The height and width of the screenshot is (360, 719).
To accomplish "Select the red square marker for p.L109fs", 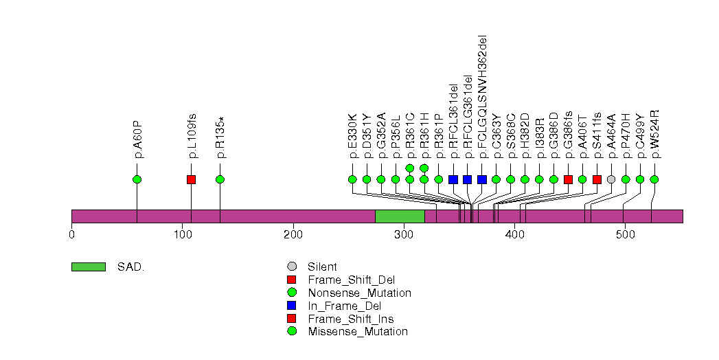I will [x=192, y=179].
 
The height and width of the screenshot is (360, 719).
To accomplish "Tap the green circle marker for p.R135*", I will [x=220, y=179].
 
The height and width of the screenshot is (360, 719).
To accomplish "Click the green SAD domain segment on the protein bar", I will [x=400, y=216].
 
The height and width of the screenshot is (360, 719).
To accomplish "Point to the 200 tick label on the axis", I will [x=293, y=235].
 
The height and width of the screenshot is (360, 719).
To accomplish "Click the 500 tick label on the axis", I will [x=625, y=235].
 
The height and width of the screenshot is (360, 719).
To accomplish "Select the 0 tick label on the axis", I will [x=71, y=235].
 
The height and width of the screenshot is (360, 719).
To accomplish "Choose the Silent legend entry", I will [x=322, y=267].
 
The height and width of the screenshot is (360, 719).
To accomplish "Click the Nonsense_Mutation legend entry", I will [x=359, y=293].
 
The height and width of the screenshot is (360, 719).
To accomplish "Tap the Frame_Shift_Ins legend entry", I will [x=350, y=319].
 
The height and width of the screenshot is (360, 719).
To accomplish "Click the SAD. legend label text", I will [x=130, y=267].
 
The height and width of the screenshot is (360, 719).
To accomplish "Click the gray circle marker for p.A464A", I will [x=611, y=179].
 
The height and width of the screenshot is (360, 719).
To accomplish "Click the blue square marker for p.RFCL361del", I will [x=453, y=179].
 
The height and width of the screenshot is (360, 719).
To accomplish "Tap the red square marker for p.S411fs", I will [x=597, y=179].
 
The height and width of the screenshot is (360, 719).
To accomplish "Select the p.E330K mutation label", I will [x=353, y=135].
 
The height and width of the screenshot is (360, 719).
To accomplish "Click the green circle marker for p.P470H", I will [x=626, y=179].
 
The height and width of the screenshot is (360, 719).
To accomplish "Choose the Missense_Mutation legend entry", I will [x=358, y=332].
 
